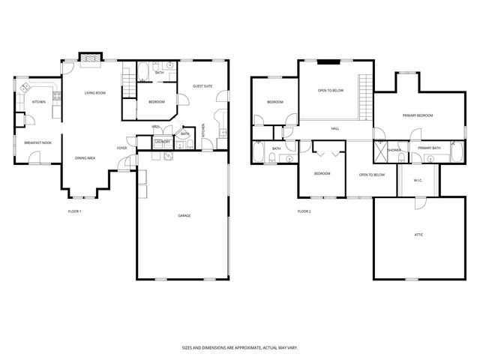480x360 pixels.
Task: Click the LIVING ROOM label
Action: click(x=94, y=93)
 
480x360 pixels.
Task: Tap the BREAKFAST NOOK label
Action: click(x=37, y=142)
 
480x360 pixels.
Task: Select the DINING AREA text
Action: click(x=85, y=158)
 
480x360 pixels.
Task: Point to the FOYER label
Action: click(x=121, y=148)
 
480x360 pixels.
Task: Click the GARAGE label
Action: click(x=184, y=216)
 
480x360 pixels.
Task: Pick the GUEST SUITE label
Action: click(x=202, y=86)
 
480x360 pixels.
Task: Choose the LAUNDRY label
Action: click(x=162, y=142)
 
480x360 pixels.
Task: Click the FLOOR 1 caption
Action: click(x=74, y=212)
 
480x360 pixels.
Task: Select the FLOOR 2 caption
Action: click(x=304, y=212)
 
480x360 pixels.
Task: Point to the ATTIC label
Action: click(x=418, y=235)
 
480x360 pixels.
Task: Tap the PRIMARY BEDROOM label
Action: click(x=418, y=115)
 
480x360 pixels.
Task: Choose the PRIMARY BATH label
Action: click(x=429, y=148)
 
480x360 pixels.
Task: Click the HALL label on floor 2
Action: click(x=334, y=128)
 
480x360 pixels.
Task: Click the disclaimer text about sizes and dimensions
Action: click(x=239, y=348)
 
